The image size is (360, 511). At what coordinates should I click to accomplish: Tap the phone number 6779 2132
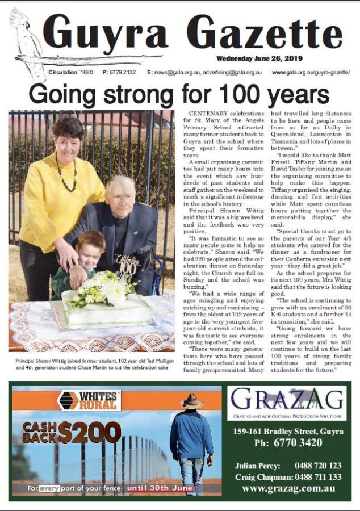click(x=119, y=73)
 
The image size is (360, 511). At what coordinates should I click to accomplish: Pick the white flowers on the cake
click(x=105, y=287)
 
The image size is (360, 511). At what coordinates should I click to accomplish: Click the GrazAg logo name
click(x=287, y=400)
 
